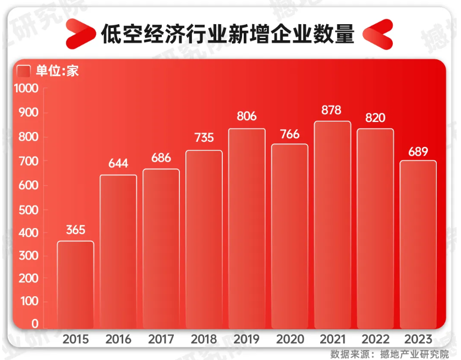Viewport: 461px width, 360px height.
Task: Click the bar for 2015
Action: (x=75, y=285)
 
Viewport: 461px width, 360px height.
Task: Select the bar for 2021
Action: (x=332, y=225)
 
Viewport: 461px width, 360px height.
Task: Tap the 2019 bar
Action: (x=246, y=229)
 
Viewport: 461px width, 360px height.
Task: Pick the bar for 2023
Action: (x=418, y=245)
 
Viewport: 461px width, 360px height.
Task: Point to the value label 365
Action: (x=75, y=230)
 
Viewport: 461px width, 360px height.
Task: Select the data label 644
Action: (x=118, y=164)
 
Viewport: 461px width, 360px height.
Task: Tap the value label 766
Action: (x=289, y=134)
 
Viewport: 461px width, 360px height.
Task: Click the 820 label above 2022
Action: (x=375, y=118)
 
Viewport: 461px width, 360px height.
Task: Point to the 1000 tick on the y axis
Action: (x=26, y=88)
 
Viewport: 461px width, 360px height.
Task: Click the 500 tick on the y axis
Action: (x=30, y=209)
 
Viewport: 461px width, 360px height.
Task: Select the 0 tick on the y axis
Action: (x=35, y=324)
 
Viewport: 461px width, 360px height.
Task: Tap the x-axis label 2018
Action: (x=204, y=339)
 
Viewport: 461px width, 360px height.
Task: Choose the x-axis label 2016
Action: (x=118, y=339)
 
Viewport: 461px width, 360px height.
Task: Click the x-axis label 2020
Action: (x=289, y=339)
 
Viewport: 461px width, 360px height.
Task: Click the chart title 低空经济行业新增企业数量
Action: (x=227, y=34)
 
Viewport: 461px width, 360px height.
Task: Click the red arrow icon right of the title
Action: (x=378, y=34)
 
